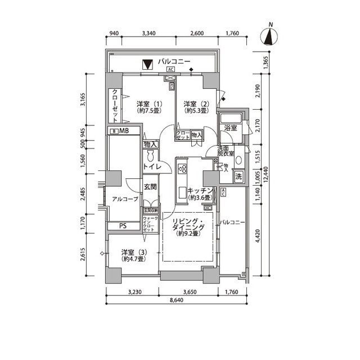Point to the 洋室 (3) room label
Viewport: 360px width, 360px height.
click(x=136, y=256)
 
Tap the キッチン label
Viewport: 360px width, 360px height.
click(x=200, y=194)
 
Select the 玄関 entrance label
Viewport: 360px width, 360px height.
click(x=150, y=187)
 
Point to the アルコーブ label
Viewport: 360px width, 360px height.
click(x=124, y=199)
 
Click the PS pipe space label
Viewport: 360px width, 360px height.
click(x=122, y=226)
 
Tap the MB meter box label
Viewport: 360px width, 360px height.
click(x=121, y=132)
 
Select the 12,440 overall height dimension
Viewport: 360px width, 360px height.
click(x=273, y=167)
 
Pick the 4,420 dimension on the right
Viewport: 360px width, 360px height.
click(x=258, y=237)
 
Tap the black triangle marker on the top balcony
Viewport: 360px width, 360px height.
click(x=147, y=65)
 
